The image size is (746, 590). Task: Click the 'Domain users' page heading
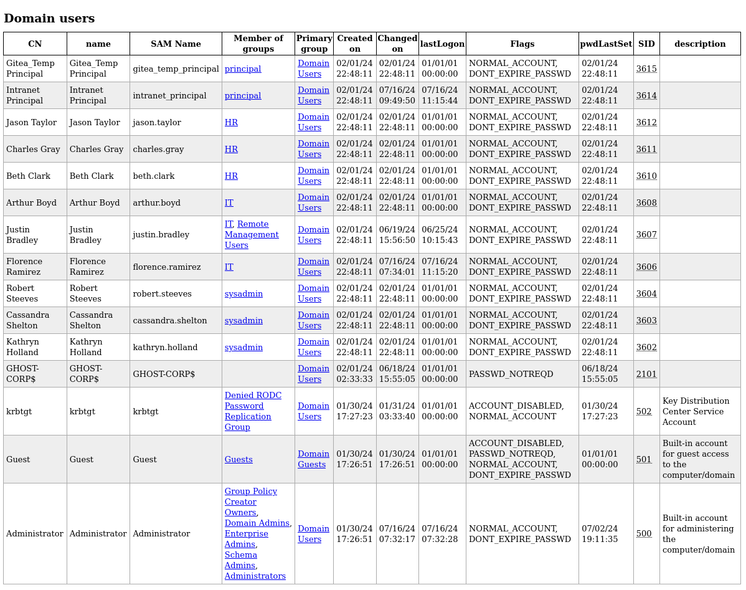(49, 19)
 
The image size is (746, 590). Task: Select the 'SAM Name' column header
(176, 44)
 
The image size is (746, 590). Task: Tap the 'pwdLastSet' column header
(606, 44)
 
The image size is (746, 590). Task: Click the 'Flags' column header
(522, 44)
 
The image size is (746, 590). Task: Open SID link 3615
(646, 69)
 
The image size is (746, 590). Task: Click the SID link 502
(644, 411)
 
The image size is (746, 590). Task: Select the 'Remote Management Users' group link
(252, 234)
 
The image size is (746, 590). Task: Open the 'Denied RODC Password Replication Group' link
(253, 411)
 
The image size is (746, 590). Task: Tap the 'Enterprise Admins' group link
(246, 538)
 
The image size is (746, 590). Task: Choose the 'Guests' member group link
(238, 460)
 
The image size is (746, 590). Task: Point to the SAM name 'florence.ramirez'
(166, 267)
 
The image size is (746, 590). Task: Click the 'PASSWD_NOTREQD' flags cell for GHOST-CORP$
(511, 374)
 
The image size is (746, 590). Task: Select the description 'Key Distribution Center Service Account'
(696, 411)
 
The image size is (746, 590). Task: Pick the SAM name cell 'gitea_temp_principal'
(176, 69)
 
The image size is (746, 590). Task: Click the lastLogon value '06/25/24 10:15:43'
(440, 235)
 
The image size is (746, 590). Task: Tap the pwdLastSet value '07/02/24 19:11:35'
(600, 534)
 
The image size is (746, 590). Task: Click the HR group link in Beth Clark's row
(231, 176)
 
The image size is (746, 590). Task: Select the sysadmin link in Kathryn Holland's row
(243, 347)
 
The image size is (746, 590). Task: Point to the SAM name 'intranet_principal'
(169, 95)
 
